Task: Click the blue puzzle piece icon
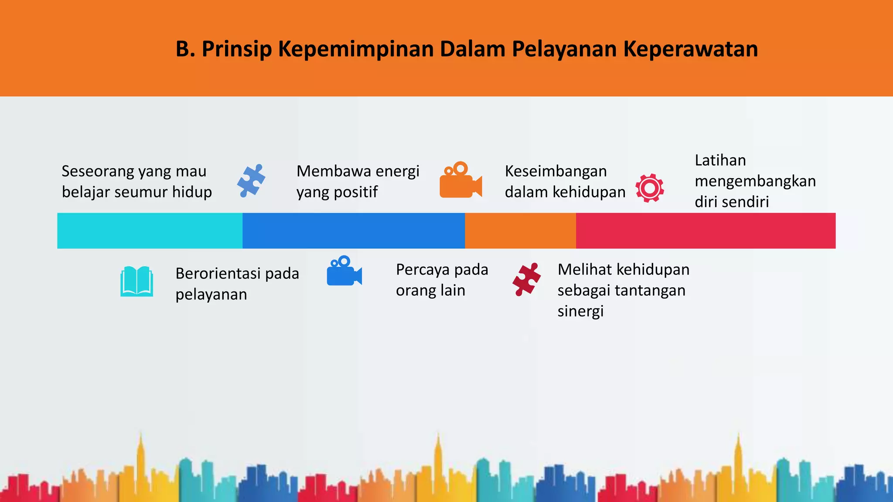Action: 251,181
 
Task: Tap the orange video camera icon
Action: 460,180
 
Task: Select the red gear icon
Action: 650,188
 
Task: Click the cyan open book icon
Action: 136,282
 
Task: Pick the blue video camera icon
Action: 344,271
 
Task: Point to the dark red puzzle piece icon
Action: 527,279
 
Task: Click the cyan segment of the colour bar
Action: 150,231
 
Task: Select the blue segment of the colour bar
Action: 354,231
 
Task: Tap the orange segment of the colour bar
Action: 520,231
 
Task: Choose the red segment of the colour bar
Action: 706,231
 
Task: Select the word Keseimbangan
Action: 556,171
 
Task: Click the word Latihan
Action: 720,160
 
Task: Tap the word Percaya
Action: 423,270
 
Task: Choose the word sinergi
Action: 580,311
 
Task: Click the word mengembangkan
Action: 755,181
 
